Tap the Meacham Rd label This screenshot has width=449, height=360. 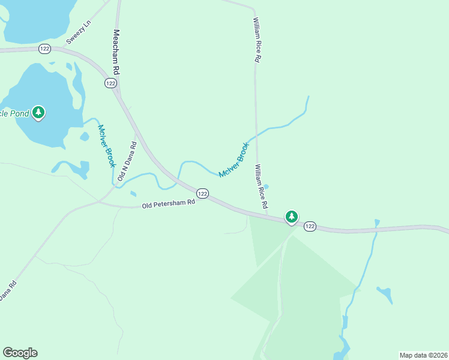(x=116, y=52)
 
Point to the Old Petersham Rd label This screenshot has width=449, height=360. (x=169, y=204)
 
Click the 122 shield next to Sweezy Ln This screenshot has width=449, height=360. (x=44, y=49)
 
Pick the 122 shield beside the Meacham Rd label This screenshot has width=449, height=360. (x=110, y=83)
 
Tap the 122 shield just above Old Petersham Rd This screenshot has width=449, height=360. (x=203, y=193)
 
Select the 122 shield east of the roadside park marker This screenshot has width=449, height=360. (x=309, y=226)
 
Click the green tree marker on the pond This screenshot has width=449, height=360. (x=39, y=112)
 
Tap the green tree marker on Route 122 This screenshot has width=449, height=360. (x=291, y=217)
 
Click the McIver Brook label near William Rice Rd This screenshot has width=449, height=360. (x=234, y=160)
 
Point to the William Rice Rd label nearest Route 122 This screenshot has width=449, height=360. (x=261, y=187)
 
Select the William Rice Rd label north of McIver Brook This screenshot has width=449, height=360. (x=256, y=40)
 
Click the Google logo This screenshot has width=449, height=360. (x=20, y=353)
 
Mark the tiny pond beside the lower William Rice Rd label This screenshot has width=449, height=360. (x=266, y=186)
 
